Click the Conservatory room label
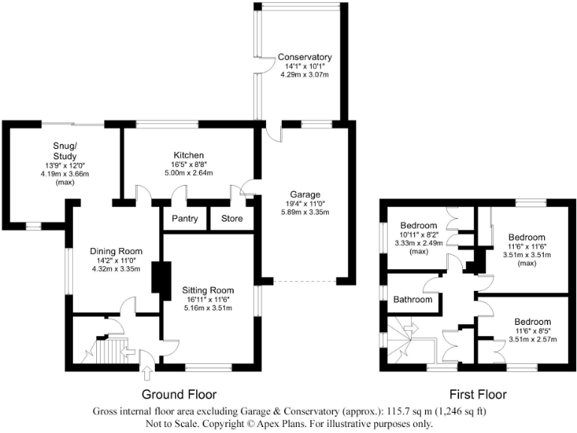(x=304, y=57)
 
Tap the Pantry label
(x=184, y=220)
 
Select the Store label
(x=232, y=220)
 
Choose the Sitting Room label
(x=208, y=289)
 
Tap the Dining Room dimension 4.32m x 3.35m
(x=116, y=269)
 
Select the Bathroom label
(x=413, y=299)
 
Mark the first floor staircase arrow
(x=412, y=329)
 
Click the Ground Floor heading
(x=179, y=394)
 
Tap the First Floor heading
(x=478, y=394)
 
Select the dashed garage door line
(x=304, y=281)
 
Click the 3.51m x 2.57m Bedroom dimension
(x=531, y=339)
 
